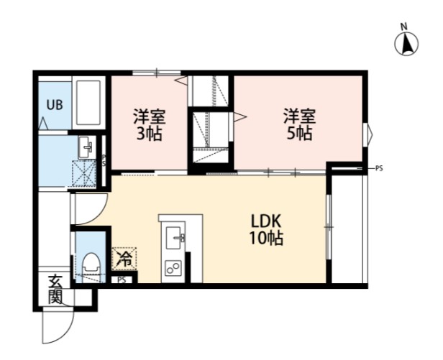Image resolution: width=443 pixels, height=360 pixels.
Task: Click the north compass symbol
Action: coord(406,44)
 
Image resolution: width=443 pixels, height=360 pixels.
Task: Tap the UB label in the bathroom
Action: coord(55,105)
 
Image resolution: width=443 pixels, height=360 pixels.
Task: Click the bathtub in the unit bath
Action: coord(88,103)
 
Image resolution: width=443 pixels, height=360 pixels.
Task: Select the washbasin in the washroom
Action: coord(86,147)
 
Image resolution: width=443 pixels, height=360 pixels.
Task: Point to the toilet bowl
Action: coord(91,267)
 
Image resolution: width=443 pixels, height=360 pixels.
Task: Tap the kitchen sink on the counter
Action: coord(174,238)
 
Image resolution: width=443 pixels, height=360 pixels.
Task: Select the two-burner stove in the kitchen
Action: coord(173,267)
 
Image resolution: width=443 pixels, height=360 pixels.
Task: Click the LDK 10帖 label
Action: coord(266,230)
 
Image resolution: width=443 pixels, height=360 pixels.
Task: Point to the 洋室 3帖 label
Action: coord(149,124)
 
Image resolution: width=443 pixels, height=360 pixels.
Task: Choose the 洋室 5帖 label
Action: coord(300,124)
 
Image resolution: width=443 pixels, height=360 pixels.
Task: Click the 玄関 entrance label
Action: coord(55,289)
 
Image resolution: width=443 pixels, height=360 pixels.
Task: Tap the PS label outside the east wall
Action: coord(379,169)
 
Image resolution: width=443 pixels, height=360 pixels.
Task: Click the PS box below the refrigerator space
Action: coord(122,280)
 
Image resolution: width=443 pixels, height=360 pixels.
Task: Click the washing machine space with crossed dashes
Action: coord(84,173)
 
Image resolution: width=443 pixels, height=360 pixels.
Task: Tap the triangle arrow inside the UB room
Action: coord(42,124)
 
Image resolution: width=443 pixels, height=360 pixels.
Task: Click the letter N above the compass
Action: coord(404,27)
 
